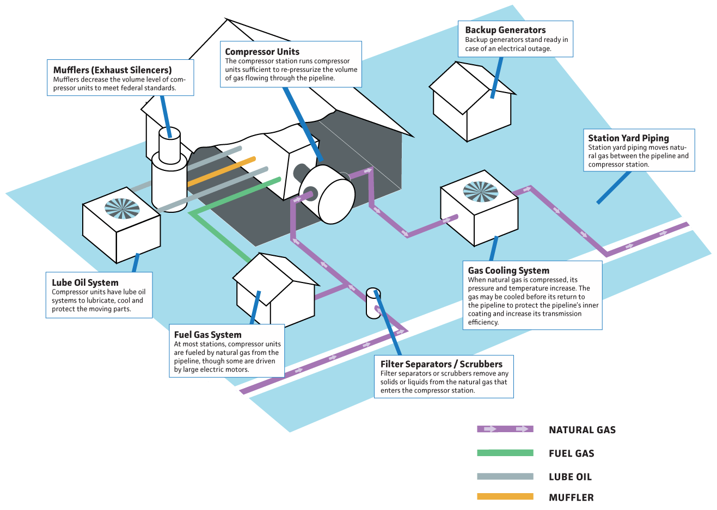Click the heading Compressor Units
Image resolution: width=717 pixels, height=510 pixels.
tap(262, 52)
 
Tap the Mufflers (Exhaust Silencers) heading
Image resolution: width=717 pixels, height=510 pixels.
tap(112, 70)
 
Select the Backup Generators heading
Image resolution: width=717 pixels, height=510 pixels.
tap(505, 30)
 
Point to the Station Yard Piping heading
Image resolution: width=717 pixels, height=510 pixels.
tap(628, 138)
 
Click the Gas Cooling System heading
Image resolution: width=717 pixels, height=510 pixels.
tap(508, 271)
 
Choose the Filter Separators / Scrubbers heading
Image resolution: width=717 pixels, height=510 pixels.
tap(441, 364)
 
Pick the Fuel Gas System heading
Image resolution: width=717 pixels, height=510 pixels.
tap(207, 335)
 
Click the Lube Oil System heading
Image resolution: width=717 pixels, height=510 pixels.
tap(85, 282)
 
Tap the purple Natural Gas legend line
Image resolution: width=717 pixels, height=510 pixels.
tap(505, 429)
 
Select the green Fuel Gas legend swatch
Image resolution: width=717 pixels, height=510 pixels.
tap(505, 453)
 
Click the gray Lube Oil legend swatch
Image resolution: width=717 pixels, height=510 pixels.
tap(505, 477)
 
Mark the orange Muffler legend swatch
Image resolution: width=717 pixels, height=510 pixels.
tap(505, 496)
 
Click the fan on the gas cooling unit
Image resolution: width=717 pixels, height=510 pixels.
tap(480, 191)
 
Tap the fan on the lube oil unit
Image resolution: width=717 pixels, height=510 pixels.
tap(122, 208)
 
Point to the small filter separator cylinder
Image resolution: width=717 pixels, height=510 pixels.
tap(373, 303)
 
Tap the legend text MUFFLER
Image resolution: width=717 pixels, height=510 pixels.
tap(571, 497)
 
